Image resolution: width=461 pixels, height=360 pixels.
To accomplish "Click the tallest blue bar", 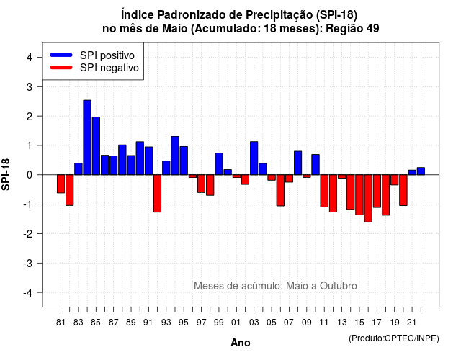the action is pos(87,138).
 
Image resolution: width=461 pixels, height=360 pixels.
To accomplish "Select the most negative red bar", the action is pos(368,199).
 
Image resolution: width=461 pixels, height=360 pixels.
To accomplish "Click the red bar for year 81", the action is pos(61,184).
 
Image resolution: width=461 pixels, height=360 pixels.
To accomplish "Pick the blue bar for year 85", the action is pos(96,146).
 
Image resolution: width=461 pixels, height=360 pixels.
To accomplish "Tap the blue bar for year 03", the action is pos(254,158).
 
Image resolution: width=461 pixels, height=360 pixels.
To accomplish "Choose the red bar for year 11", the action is pos(324,191).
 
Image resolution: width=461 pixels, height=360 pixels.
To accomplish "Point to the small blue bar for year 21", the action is pos(412,173).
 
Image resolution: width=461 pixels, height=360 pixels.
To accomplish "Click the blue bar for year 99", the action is pos(219,164).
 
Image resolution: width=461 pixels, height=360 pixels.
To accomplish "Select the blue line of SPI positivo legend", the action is pos(61,55).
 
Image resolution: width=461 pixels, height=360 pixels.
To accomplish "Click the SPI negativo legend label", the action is pos(109,68).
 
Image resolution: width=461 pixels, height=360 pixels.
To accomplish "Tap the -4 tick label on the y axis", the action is pos(28,293).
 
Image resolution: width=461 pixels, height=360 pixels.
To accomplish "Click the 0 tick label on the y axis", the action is pos(30,175).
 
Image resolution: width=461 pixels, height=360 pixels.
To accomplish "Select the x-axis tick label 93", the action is pos(166,323).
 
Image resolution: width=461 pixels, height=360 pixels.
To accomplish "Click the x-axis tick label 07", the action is pos(289,323).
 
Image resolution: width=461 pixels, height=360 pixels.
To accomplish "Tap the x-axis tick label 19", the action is pos(395,323).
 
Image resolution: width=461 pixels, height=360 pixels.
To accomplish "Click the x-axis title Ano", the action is pos(241,343).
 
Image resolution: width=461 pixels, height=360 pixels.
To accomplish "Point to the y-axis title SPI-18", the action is pos(6,174).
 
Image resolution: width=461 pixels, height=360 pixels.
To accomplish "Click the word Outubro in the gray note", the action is pos(339,286).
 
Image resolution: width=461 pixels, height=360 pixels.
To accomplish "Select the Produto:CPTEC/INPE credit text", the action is pos(394,338).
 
